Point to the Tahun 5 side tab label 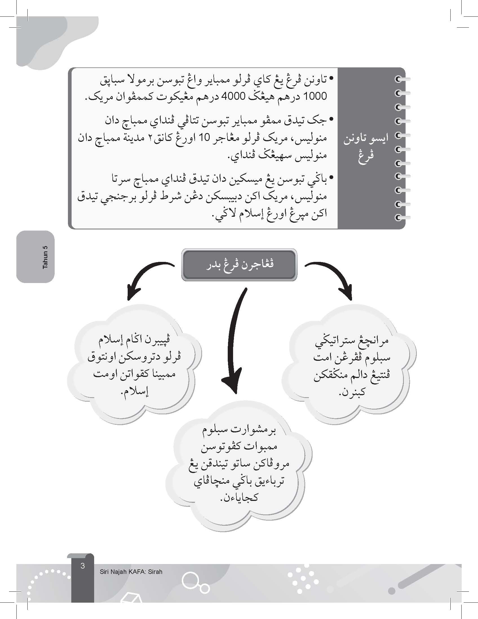pyautogui.click(x=45, y=257)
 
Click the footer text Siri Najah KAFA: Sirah pyautogui.click(x=131, y=572)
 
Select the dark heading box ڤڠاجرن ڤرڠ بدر pyautogui.click(x=239, y=265)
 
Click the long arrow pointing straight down pyautogui.click(x=235, y=340)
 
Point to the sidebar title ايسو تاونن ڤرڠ pyautogui.click(x=366, y=147)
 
